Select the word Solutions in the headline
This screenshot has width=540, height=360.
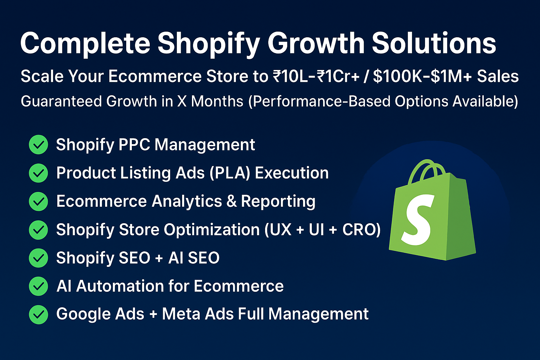[434, 44]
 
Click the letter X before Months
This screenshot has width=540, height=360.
[182, 102]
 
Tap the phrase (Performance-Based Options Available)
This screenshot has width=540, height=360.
[383, 102]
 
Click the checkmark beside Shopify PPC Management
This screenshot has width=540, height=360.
[38, 145]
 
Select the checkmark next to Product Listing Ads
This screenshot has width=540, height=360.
[38, 173]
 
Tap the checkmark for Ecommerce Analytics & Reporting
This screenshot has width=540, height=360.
[38, 201]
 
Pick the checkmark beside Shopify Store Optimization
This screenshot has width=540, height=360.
[38, 230]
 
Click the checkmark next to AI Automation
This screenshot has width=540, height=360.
[38, 286]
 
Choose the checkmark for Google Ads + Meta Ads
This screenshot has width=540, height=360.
[38, 314]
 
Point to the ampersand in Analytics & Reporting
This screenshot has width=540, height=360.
[232, 201]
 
